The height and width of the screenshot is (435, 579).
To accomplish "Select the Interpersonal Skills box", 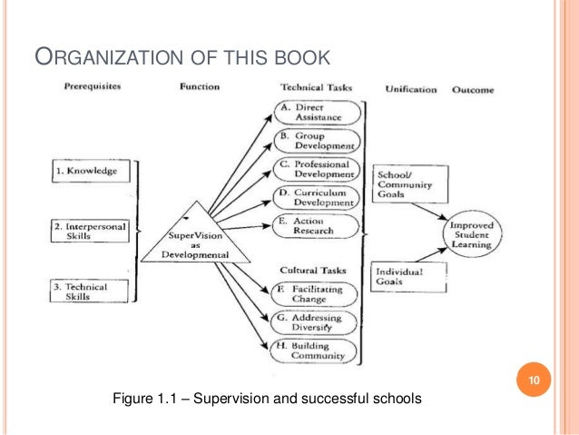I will [x=92, y=232].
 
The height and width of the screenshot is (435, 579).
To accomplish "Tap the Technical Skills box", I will [x=90, y=292].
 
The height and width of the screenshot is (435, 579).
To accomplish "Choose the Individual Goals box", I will [x=409, y=277].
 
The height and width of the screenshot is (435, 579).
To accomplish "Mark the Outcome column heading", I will [x=472, y=89].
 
